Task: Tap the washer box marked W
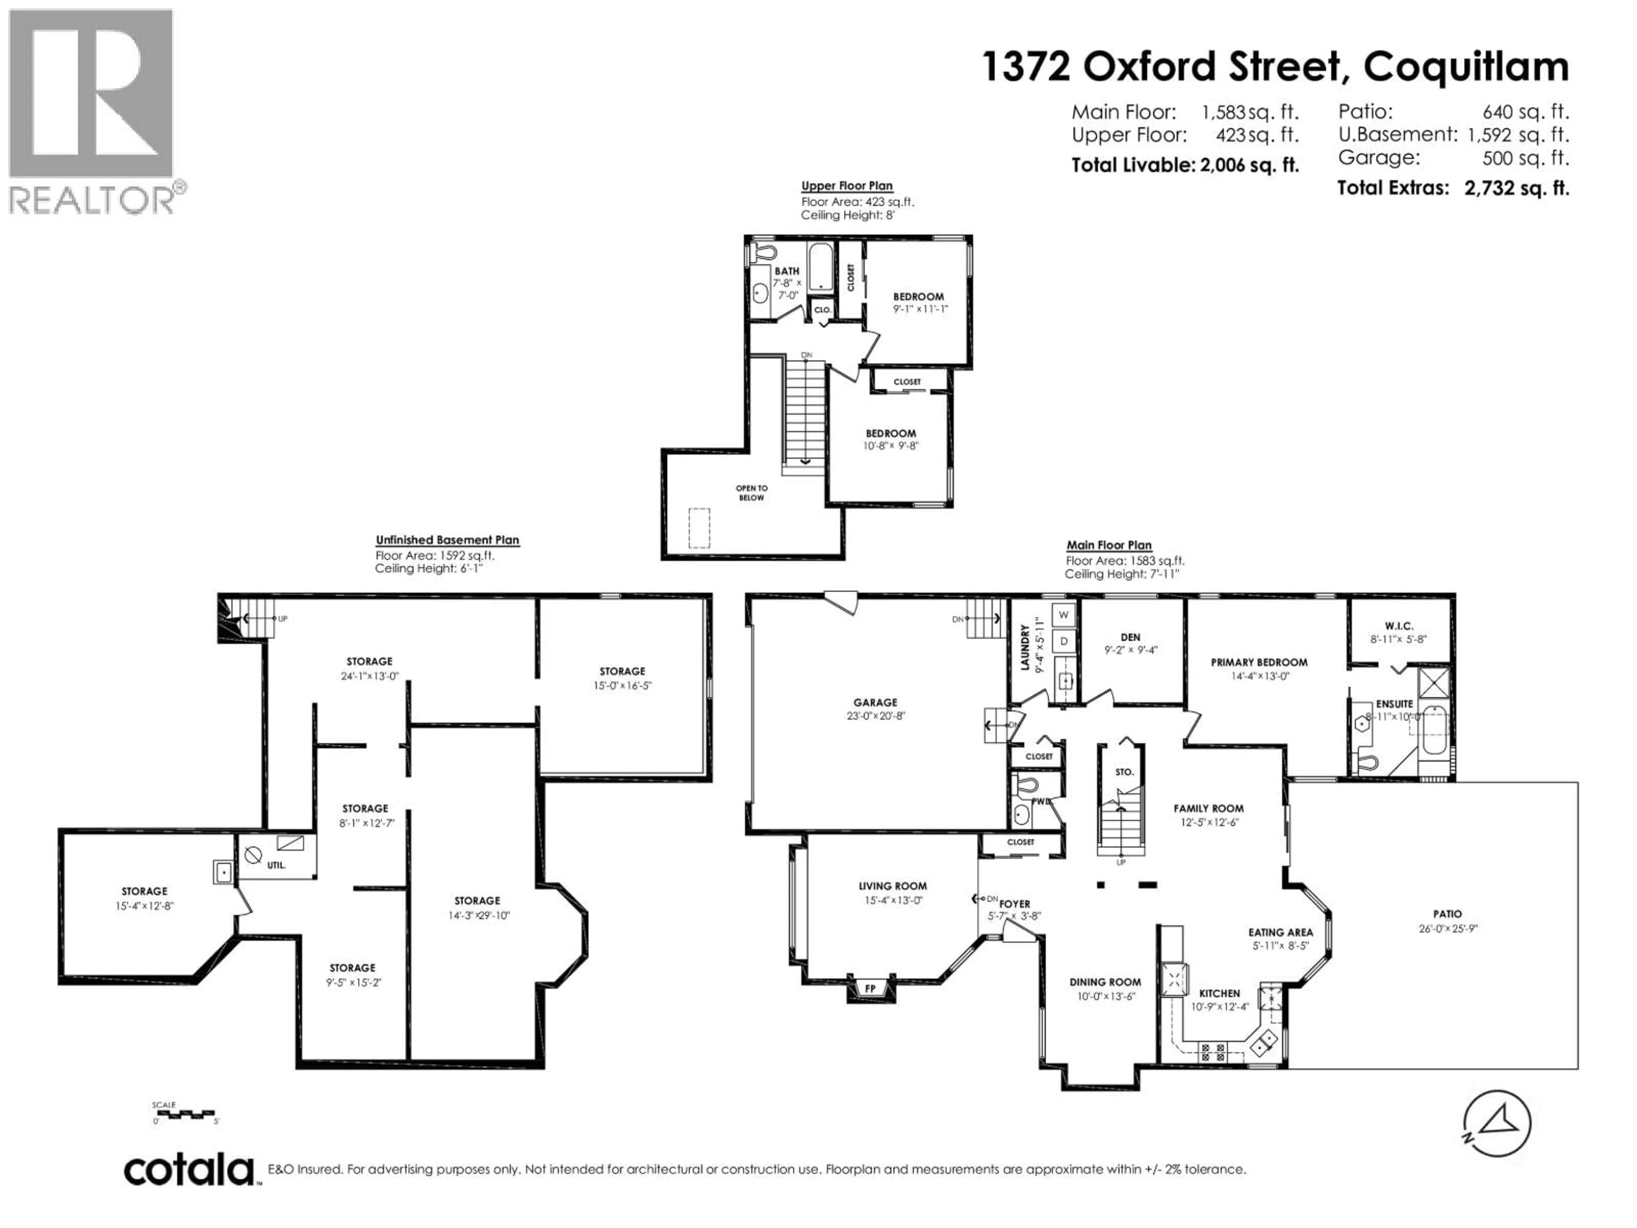[1064, 614]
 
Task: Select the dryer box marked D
[1064, 641]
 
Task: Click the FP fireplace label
[871, 988]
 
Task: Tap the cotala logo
[189, 1170]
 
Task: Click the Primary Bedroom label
[1259, 663]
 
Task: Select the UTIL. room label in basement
[276, 865]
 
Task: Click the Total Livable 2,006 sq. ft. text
[1185, 165]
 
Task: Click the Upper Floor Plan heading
[847, 186]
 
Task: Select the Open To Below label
[751, 493]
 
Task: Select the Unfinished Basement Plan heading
[447, 540]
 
